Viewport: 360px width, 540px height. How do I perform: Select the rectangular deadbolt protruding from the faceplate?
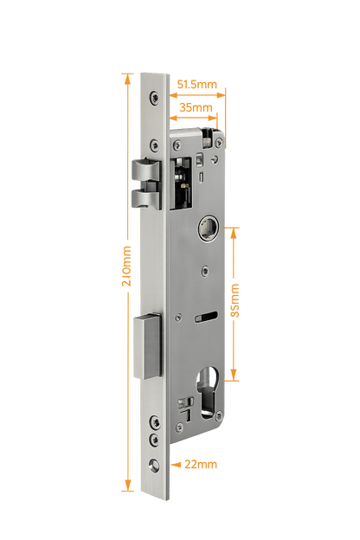[147, 349]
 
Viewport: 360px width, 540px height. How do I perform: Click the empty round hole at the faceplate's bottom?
[154, 466]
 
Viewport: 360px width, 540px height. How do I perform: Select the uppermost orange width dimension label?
[197, 85]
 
